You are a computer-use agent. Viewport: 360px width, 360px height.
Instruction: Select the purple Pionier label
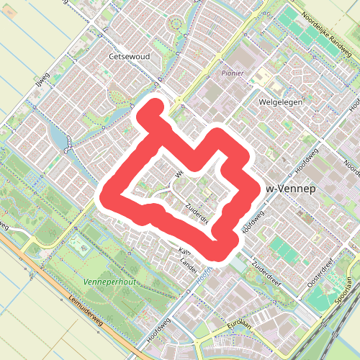tap(233, 73)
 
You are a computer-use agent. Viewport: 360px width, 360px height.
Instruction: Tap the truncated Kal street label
tap(184, 251)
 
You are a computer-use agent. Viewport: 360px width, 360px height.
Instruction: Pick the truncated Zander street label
tap(189, 263)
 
